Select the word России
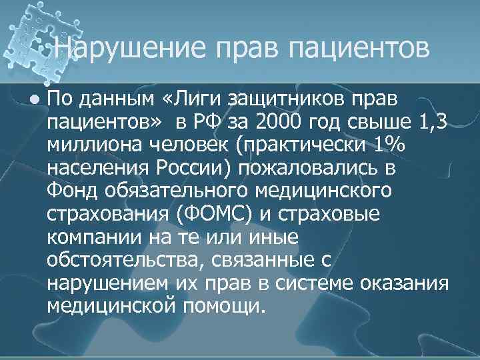195,167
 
